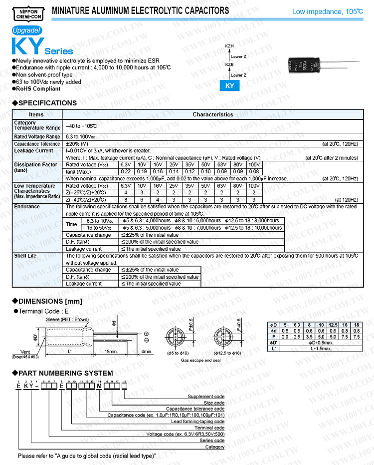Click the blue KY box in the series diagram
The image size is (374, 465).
coord(229,86)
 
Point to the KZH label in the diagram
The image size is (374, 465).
coord(229,46)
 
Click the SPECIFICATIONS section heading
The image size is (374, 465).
coord(47,103)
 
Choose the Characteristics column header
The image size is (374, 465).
coord(213,114)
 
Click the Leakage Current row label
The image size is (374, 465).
coord(33,151)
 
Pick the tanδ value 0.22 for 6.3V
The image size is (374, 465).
coord(126,171)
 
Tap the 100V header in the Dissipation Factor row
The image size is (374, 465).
coord(254,164)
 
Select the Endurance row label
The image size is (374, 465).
coord(27,206)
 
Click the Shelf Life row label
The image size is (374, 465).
coord(25,256)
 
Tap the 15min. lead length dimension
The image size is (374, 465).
coord(111,352)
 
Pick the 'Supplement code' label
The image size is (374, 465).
coord(206,397)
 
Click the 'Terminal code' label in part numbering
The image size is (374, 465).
coord(209,428)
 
